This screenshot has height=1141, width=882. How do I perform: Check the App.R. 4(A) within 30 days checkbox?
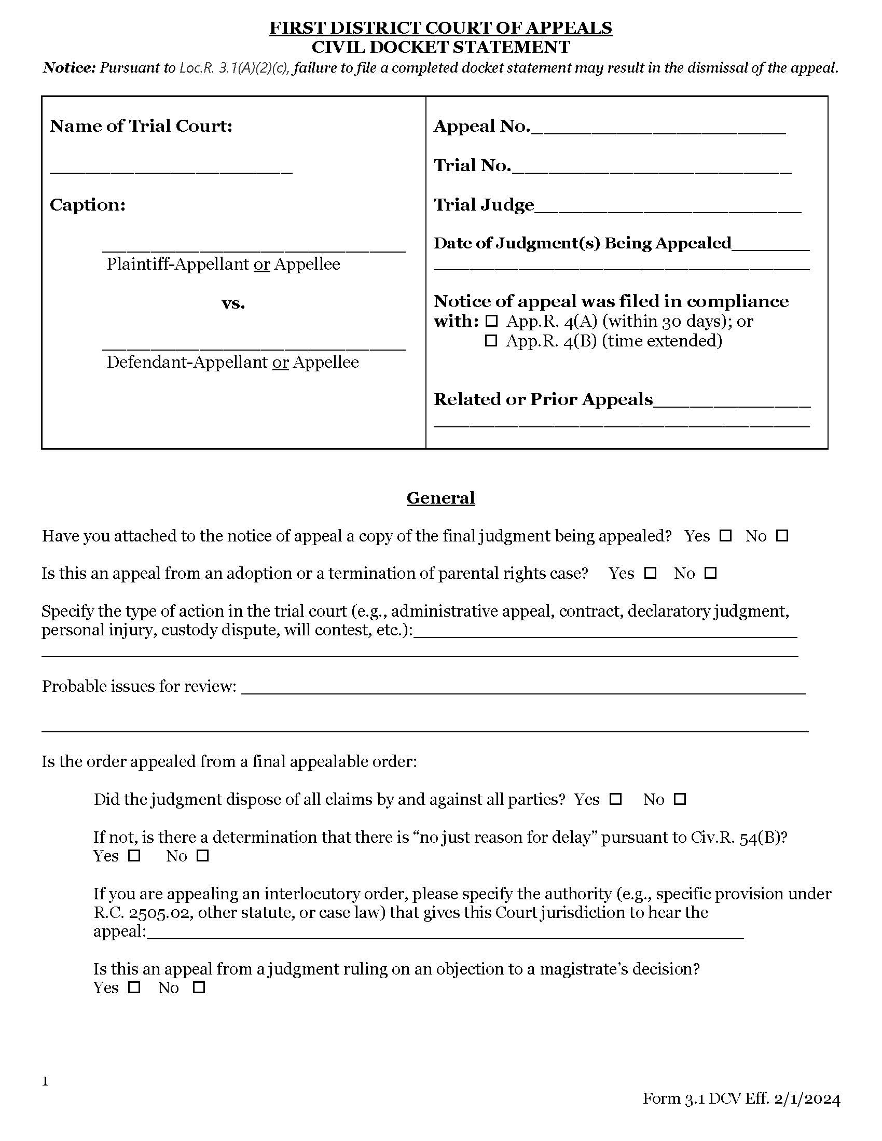click(x=491, y=322)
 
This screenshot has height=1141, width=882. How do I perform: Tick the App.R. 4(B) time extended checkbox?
click(x=491, y=341)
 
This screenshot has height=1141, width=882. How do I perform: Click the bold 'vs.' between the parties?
click(x=233, y=303)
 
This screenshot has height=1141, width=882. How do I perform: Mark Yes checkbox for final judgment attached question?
click(x=725, y=536)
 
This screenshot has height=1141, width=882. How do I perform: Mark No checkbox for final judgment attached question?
click(x=782, y=536)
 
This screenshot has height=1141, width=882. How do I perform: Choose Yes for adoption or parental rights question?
click(x=650, y=573)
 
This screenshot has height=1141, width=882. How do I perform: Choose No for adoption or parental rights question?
click(x=710, y=573)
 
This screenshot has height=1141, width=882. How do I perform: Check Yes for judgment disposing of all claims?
click(x=616, y=799)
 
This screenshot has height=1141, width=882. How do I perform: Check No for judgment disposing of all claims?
click(x=680, y=799)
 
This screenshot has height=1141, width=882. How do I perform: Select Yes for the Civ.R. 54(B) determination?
click(x=135, y=856)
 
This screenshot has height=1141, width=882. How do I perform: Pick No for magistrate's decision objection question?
click(x=199, y=987)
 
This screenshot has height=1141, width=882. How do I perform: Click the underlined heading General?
click(x=440, y=497)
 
